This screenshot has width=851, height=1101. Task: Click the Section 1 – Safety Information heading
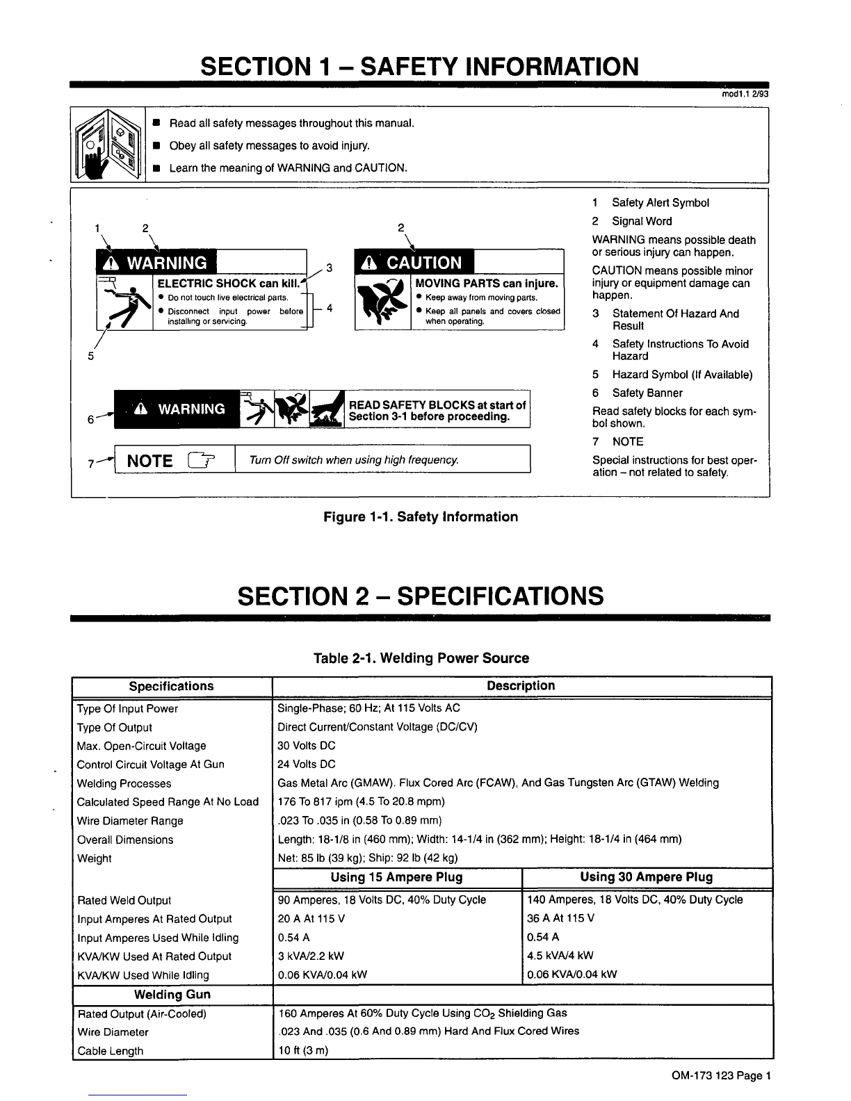[x=419, y=67]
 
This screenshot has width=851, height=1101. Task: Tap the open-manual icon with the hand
[x=108, y=146]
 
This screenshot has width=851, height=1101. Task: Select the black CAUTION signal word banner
[x=414, y=262]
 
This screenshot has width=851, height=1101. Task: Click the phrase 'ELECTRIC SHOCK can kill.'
[x=227, y=284]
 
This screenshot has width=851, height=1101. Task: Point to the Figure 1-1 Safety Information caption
[x=421, y=516]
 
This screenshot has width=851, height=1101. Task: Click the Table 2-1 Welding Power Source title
[x=421, y=658]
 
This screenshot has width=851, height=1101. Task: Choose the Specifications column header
[x=172, y=686]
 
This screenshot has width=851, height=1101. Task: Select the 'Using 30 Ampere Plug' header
[x=647, y=877]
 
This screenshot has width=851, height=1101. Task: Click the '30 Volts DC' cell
[x=307, y=746]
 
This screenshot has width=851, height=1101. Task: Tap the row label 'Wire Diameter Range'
[x=130, y=821]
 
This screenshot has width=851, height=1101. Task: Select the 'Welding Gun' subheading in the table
[x=172, y=995]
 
